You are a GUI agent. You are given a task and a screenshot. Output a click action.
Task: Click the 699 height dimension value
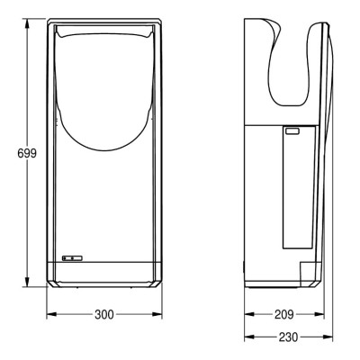click(27, 154)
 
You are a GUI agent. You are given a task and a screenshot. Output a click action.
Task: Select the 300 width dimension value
click(104, 315)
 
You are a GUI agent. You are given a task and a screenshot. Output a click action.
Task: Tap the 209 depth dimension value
click(283, 315)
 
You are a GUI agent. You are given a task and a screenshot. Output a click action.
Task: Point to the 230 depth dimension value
click(288, 337)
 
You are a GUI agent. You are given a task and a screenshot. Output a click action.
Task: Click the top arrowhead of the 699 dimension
click(27, 24)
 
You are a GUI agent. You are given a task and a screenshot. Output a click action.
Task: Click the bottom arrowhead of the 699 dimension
click(27, 282)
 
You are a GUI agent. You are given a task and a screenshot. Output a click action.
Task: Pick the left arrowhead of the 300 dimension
click(51, 315)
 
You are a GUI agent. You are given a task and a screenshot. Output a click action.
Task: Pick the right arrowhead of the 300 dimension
click(157, 315)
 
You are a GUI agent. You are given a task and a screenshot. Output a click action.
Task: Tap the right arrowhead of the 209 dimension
click(319, 315)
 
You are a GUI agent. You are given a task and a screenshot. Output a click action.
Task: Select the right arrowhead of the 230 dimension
click(328, 337)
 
